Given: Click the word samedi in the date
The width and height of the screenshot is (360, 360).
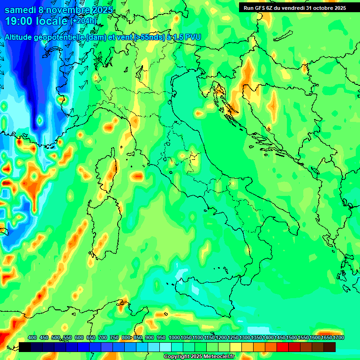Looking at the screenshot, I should tap(21, 10).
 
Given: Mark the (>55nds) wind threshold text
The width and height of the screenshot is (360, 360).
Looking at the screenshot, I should tap(149, 37).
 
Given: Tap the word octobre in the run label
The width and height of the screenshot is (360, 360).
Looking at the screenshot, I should tap(320, 8).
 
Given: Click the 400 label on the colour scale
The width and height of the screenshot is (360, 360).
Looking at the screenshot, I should tap(32, 338).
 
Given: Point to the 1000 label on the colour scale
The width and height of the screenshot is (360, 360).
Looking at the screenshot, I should tap(174, 338).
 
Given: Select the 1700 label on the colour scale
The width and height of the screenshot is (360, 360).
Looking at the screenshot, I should tap(326, 338).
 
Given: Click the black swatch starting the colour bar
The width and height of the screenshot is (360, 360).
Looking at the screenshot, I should tap(25, 347).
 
